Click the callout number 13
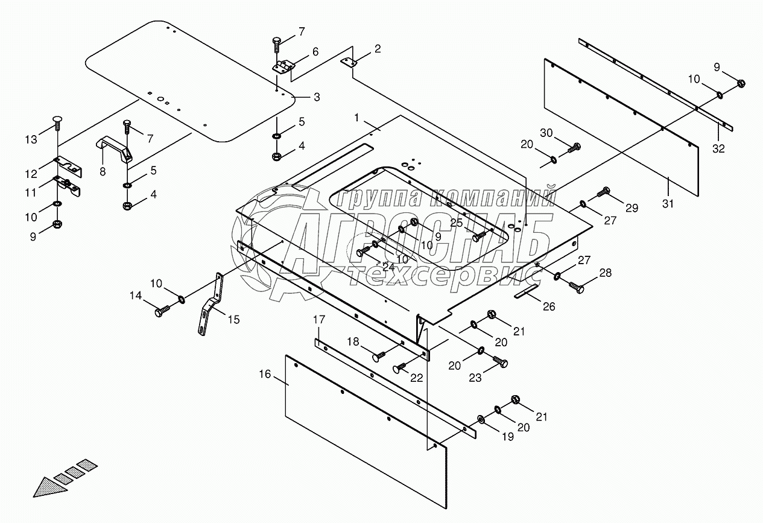tap(31, 139)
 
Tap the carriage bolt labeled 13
tap(57, 123)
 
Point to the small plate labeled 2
tap(349, 62)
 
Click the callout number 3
tap(317, 97)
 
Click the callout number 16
tap(265, 374)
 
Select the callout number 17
tap(319, 320)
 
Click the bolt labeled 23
tap(501, 361)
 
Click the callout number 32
tap(719, 148)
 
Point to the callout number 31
tap(668, 204)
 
